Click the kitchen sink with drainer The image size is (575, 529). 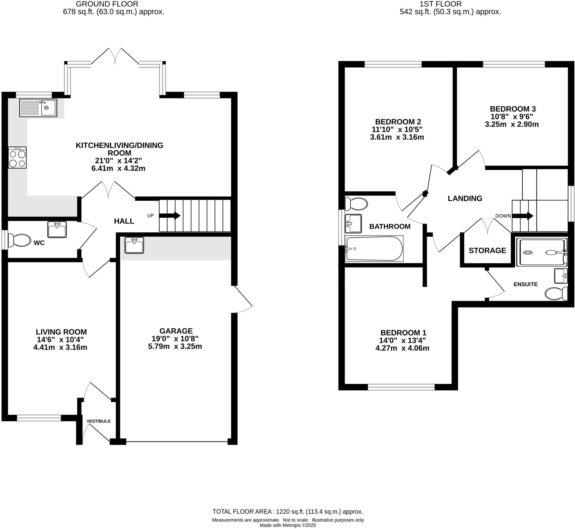(x=38, y=108)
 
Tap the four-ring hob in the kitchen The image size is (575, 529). (x=17, y=157)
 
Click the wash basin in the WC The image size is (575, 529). (x=57, y=230)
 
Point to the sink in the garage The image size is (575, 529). (x=134, y=245)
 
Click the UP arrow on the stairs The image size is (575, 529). (x=170, y=216)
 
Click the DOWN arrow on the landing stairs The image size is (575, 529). (x=522, y=216)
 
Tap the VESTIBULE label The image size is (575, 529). (x=99, y=421)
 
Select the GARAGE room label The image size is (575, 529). (x=176, y=331)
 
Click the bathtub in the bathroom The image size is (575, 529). (x=374, y=248)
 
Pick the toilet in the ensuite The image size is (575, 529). (x=556, y=294)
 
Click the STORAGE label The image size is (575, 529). (x=487, y=251)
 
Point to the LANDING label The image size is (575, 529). (x=465, y=198)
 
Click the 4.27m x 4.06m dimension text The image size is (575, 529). (x=402, y=348)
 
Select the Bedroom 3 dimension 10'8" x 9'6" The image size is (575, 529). (x=511, y=116)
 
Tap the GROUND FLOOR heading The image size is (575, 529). (x=107, y=4)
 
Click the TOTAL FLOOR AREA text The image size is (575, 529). (x=287, y=512)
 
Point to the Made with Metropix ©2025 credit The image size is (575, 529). (x=287, y=525)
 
